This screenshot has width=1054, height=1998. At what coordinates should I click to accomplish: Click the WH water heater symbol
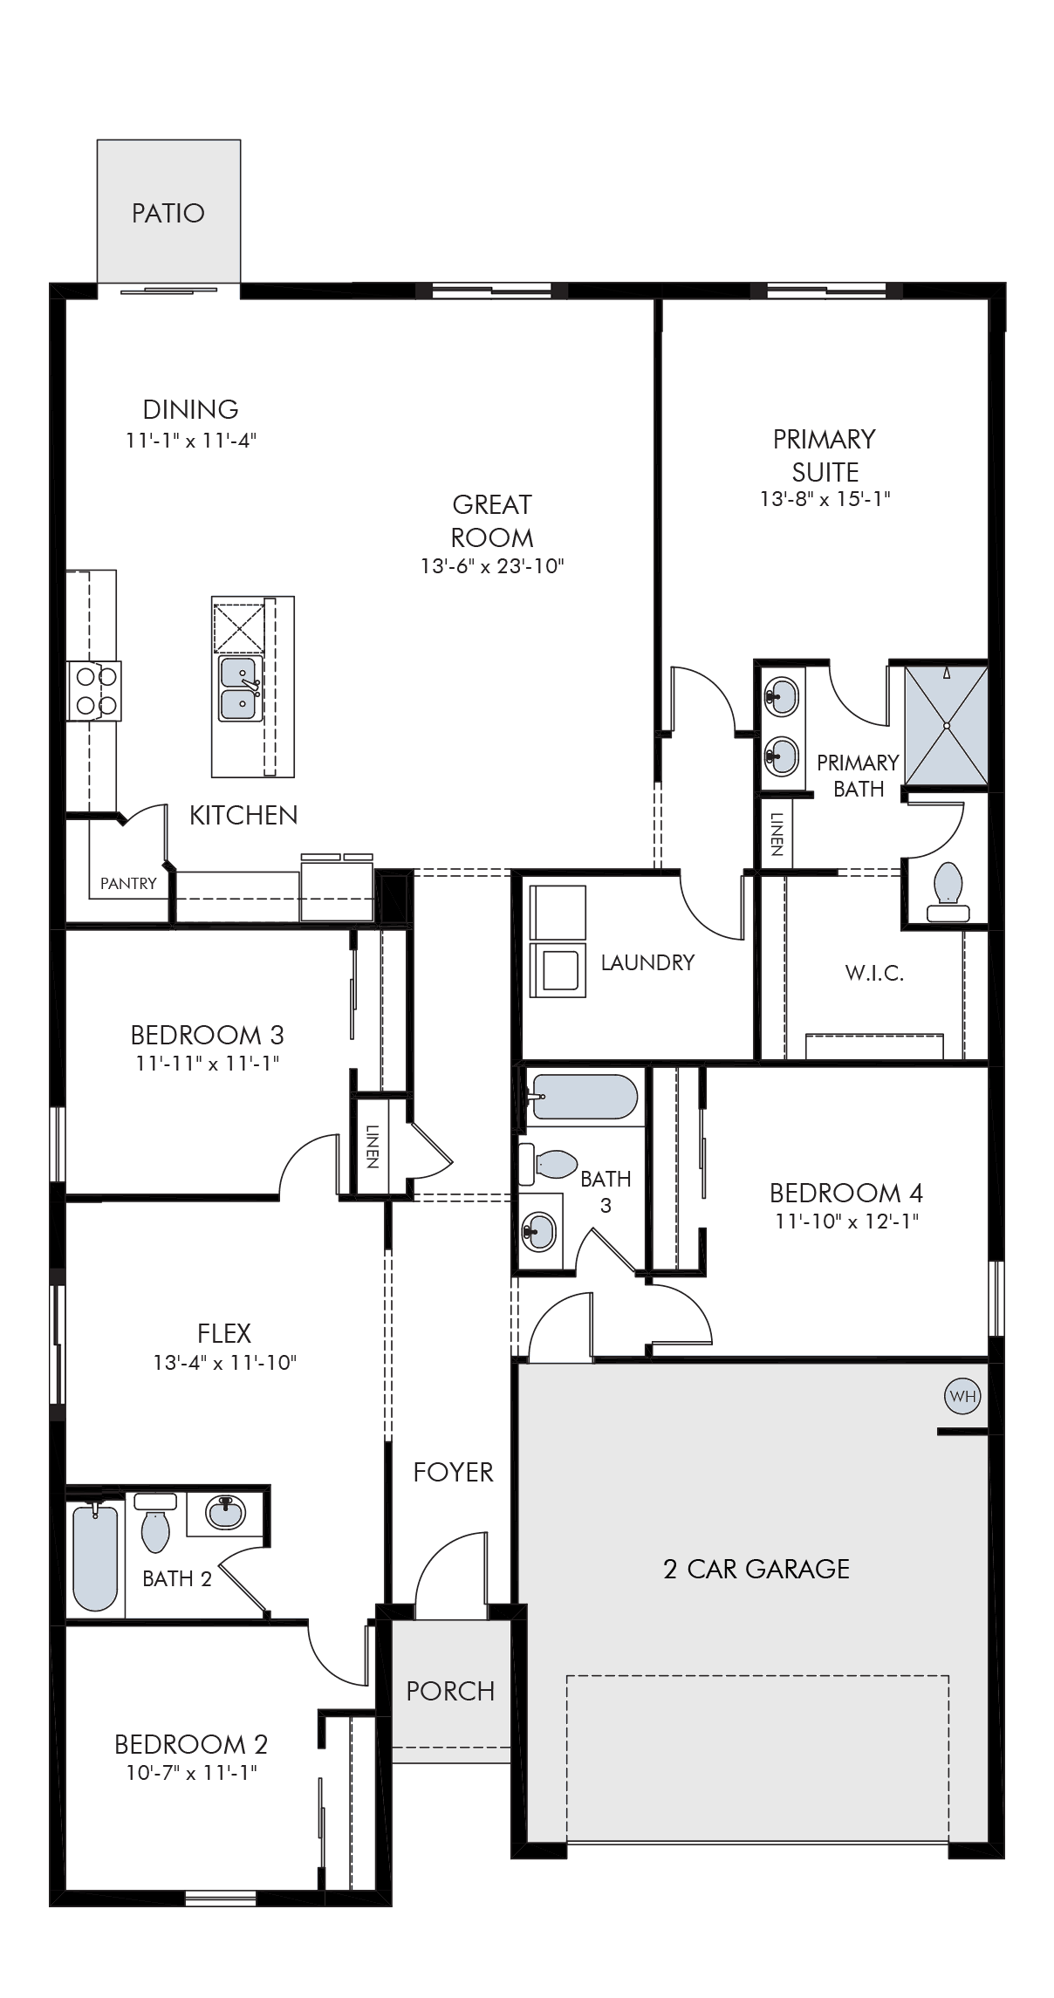tap(962, 1397)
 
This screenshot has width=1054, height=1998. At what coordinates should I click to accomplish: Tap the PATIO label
tap(168, 213)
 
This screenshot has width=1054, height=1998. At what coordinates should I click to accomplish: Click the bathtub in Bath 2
tap(95, 1557)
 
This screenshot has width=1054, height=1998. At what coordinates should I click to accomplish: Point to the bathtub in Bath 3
tap(584, 1097)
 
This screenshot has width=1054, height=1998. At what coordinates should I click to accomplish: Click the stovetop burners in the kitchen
tap(94, 690)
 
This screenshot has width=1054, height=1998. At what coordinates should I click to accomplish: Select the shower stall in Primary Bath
tap(946, 725)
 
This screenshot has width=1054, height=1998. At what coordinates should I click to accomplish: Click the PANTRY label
tap(128, 883)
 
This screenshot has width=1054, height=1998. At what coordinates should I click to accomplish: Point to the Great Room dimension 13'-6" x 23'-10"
tap(493, 566)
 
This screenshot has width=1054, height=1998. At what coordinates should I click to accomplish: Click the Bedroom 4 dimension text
tap(846, 1221)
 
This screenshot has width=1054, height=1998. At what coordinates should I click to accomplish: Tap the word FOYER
tap(453, 1473)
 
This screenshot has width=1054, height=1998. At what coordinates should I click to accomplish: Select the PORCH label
tap(450, 1691)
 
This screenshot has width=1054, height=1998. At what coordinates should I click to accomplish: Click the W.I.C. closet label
tap(874, 973)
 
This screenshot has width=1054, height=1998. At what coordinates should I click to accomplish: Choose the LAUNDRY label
tap(647, 962)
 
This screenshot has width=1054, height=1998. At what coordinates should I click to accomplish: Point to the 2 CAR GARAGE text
tap(756, 1569)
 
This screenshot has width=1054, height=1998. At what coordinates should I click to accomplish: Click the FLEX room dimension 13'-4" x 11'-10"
tap(225, 1362)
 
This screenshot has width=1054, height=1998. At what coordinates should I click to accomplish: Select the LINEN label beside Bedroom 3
tap(372, 1146)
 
